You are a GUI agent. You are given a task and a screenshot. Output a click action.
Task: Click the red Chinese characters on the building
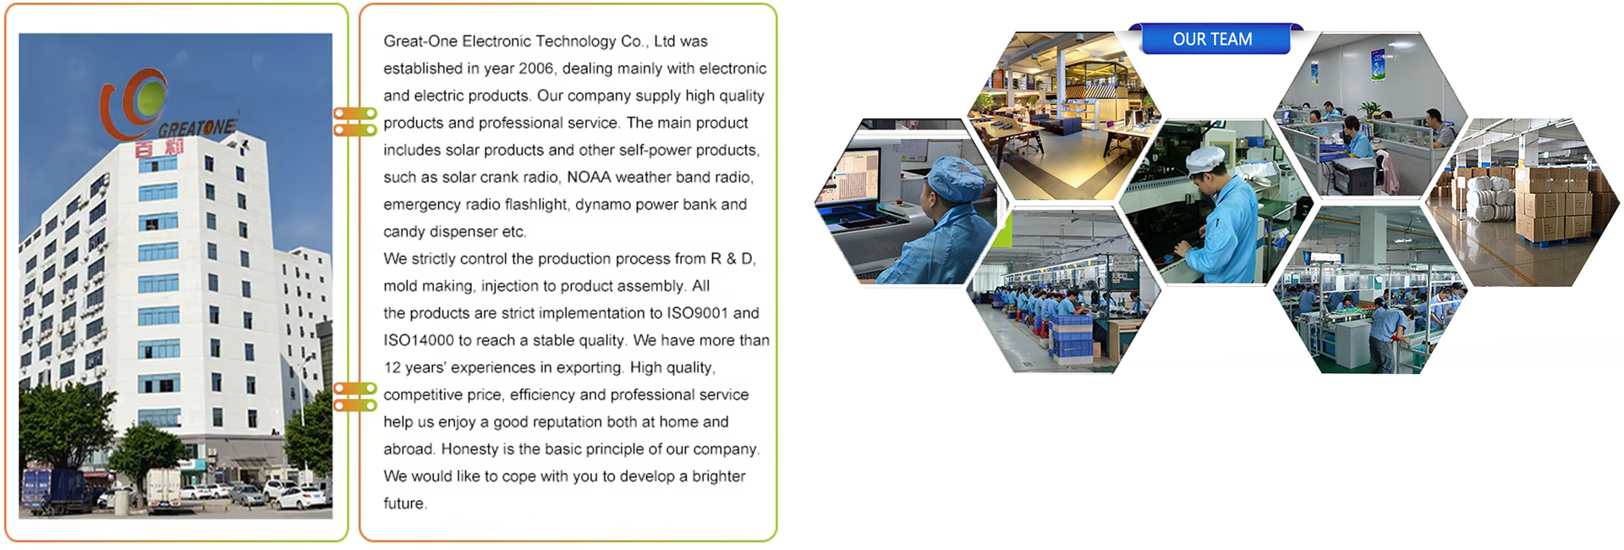160,147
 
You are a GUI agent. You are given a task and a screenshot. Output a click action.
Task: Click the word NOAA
589,177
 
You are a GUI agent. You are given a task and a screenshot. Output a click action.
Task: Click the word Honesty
469,449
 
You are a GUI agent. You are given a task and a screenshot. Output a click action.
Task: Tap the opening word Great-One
420,41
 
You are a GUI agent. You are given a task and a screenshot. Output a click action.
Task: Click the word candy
404,232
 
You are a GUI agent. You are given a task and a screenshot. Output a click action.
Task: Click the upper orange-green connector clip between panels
355,122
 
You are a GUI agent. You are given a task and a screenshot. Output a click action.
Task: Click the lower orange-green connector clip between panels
355,397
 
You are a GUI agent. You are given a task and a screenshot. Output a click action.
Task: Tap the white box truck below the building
162,490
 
